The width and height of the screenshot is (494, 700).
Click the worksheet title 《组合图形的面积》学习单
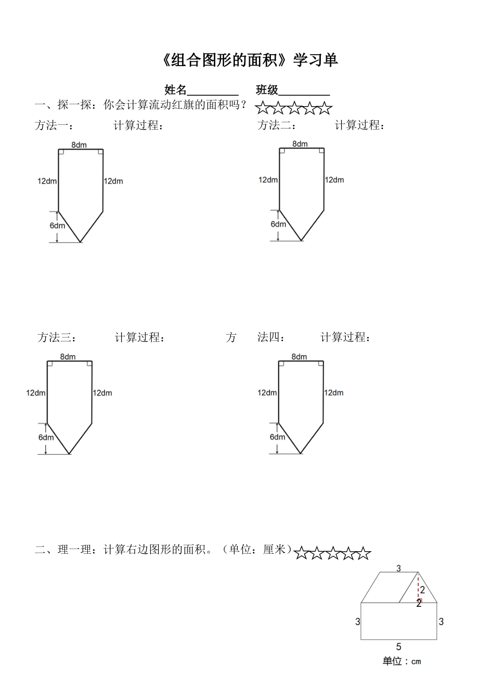pos(250,60)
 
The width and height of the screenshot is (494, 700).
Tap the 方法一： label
pos(54,125)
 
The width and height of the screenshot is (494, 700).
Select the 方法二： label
pos(277,125)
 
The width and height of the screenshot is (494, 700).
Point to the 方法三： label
pos(58,338)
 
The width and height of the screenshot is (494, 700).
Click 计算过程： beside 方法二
pos(360,125)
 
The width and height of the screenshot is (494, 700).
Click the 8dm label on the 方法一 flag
pos(79,145)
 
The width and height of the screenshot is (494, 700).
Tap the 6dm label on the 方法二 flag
pos(278,224)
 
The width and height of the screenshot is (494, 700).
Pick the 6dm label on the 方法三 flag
pos(46,437)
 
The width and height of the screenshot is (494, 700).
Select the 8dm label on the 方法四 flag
pos(299,357)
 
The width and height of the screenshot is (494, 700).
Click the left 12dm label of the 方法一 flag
pos(47,181)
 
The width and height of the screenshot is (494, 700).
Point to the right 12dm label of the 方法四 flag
pos(333,393)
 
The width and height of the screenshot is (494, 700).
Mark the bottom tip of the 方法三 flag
pos(69,454)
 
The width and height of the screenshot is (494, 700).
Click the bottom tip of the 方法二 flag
pos(302,240)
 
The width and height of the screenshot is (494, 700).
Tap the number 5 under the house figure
pos(399,647)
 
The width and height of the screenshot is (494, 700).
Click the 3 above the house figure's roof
pos(399,568)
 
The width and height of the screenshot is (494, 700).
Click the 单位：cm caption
pos(402,661)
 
